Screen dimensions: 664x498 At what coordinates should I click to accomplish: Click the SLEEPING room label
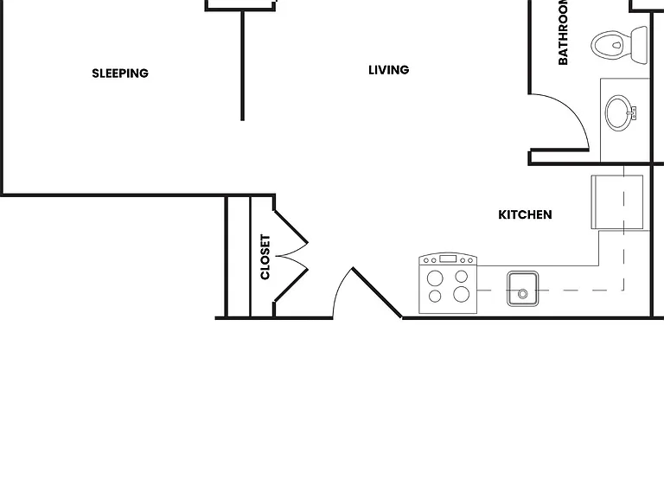click(120, 73)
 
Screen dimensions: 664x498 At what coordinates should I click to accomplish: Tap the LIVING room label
click(389, 70)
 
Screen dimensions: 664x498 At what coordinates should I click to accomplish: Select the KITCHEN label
click(525, 214)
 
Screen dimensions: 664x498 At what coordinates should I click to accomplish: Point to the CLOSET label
click(265, 257)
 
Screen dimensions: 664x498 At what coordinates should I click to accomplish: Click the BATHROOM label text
click(563, 33)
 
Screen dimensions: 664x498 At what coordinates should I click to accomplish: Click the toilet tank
click(640, 45)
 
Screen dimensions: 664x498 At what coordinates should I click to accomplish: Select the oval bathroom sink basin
click(618, 113)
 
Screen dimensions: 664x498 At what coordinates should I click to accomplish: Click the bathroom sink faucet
click(633, 113)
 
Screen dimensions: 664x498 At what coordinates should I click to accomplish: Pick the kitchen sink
click(523, 289)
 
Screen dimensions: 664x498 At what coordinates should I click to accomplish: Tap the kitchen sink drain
click(523, 293)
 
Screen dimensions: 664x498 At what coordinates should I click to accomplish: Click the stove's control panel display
click(448, 259)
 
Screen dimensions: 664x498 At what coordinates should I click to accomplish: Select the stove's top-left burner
click(435, 278)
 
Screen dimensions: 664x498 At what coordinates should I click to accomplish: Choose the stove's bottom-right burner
click(461, 294)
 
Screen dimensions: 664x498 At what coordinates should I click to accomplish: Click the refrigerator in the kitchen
click(617, 202)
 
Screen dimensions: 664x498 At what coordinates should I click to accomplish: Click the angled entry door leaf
click(377, 292)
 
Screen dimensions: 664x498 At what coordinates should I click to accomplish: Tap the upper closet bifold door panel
click(290, 227)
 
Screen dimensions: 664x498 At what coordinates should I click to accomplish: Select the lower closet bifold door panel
click(290, 285)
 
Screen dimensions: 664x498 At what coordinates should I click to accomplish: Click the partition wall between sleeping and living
click(242, 66)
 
